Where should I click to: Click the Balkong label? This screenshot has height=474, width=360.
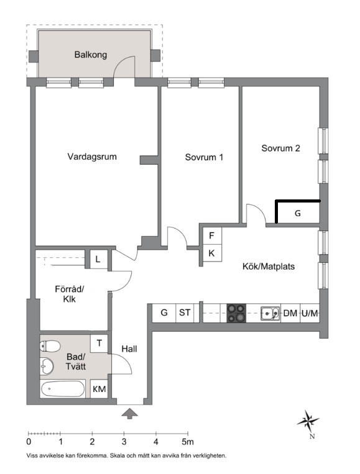90,55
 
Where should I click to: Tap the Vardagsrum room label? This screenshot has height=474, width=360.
92,157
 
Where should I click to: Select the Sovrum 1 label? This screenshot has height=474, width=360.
204,157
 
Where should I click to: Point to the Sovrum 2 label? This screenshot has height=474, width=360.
281,148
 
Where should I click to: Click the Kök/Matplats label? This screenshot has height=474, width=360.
269,267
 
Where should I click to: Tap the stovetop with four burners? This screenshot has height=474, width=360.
236,313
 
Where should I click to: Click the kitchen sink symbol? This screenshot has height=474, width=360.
270,314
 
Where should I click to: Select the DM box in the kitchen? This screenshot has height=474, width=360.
290,313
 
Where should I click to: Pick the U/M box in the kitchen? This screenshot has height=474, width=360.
310,313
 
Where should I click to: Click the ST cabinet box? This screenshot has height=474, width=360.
185,313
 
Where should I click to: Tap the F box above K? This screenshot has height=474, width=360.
212,235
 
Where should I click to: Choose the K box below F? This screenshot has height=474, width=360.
212,253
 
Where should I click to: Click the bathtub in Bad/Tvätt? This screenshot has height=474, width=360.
63,389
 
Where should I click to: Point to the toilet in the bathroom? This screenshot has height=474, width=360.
50,346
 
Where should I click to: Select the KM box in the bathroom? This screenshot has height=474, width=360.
99,389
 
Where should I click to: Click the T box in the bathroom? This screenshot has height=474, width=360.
99,344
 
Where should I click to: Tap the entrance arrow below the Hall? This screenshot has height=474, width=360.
129,414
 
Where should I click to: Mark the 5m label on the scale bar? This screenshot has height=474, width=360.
188,442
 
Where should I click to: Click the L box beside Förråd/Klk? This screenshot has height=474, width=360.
98,260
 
